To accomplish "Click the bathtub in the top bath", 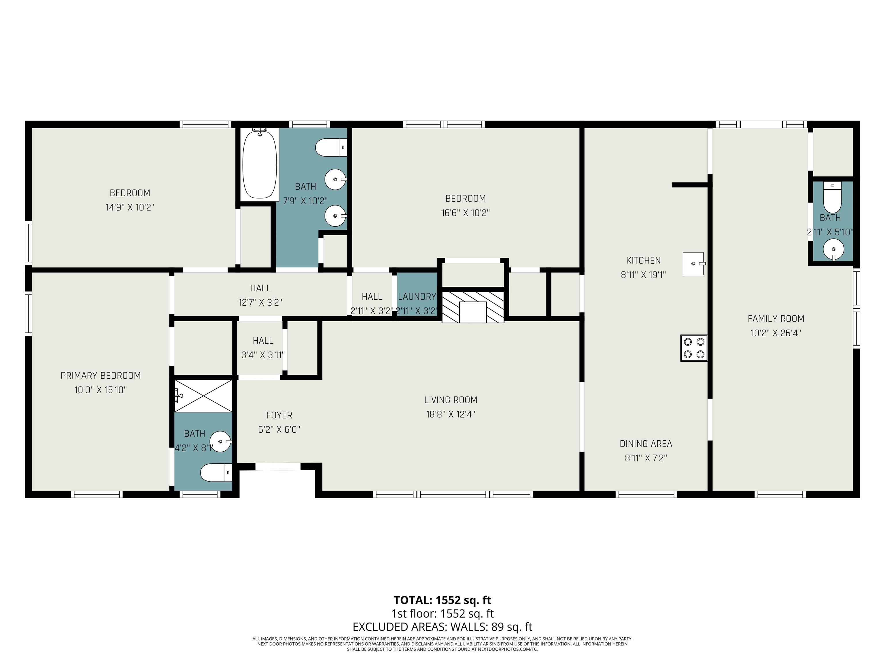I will click(260, 164).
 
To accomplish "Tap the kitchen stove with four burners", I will click(694, 348).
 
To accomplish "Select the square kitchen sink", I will click(693, 263).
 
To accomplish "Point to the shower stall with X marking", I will click(203, 395).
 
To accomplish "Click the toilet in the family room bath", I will click(832, 198).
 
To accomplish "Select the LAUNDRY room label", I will click(417, 297).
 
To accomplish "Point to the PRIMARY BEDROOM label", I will click(101, 376).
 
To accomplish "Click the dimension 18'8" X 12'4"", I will click(451, 414).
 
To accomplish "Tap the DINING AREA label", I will click(646, 444).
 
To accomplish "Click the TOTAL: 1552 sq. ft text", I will click(442, 600).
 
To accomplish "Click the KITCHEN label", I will click(643, 261).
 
